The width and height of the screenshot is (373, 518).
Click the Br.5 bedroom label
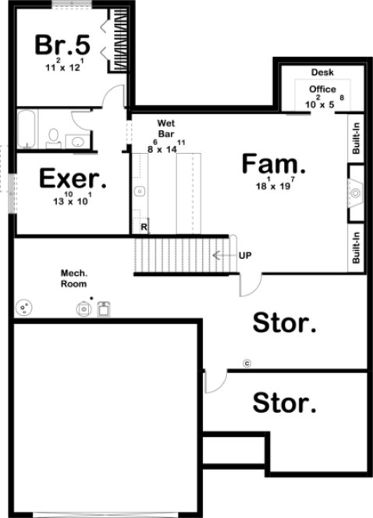click(x=62, y=44)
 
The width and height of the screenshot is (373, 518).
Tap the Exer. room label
click(x=73, y=179)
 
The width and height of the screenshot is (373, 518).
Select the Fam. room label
click(x=272, y=164)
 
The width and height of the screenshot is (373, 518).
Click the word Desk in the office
click(x=322, y=72)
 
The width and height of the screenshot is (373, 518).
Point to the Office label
click(x=322, y=90)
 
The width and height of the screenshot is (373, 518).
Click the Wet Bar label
click(x=165, y=129)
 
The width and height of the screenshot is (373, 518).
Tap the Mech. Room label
click(x=75, y=279)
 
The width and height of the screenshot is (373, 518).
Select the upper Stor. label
click(x=286, y=323)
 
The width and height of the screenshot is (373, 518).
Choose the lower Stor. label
click(x=286, y=404)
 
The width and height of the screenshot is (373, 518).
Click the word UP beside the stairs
click(x=245, y=255)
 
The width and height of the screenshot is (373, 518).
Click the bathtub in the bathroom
click(x=27, y=129)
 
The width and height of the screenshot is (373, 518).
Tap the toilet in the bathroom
click(x=54, y=139)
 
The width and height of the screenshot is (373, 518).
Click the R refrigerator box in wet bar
click(x=144, y=227)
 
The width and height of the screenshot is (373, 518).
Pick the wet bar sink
click(x=140, y=191)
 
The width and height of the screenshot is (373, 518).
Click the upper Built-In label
click(x=356, y=150)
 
